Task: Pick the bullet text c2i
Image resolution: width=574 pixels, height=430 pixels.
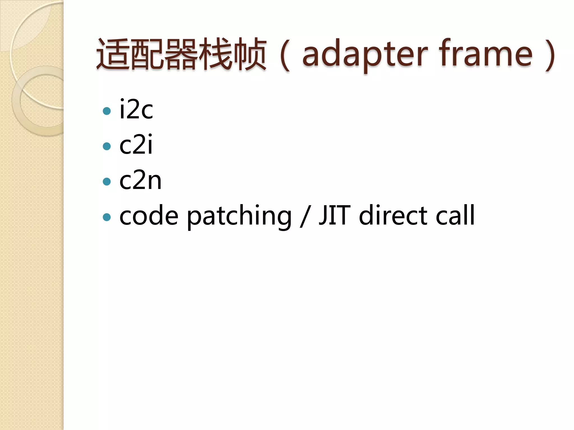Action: (136, 145)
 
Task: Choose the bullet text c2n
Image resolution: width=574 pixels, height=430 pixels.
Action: (140, 180)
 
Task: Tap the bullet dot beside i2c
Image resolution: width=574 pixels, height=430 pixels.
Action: (107, 111)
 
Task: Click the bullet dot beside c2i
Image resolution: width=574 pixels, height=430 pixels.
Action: (107, 146)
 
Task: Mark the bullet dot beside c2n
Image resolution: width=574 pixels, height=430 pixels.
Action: (107, 182)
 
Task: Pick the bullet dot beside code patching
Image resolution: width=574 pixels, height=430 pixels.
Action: (107, 217)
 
